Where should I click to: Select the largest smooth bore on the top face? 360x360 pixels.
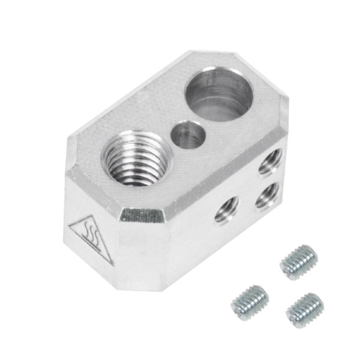(220, 94)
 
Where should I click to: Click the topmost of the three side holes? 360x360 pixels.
(271, 162)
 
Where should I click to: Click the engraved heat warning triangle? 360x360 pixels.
(90, 236)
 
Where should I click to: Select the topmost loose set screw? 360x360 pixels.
(298, 262)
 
